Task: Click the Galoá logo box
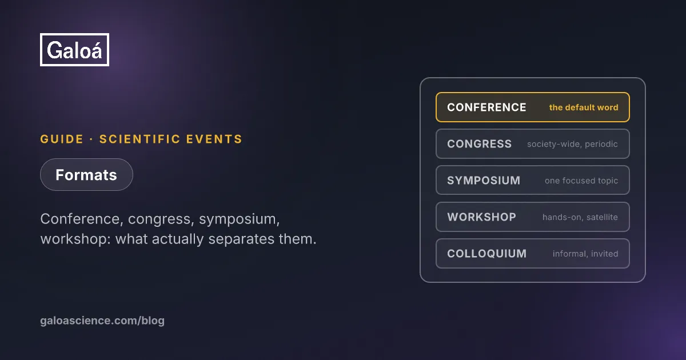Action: (74, 50)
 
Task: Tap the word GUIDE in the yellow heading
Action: (62, 139)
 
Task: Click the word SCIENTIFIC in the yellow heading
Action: (139, 139)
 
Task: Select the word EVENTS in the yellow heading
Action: (214, 139)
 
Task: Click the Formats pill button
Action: (86, 175)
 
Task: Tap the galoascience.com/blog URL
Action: (102, 321)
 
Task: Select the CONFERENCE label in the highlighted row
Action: (486, 107)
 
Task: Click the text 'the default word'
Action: (584, 107)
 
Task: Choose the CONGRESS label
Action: (479, 144)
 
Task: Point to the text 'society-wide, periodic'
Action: (572, 144)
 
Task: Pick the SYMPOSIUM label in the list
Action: (484, 181)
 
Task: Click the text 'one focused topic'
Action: (581, 181)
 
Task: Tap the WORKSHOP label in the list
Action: (482, 217)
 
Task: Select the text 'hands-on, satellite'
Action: (580, 217)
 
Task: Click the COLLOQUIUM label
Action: (487, 254)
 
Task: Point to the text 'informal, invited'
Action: (585, 254)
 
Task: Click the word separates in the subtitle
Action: (241, 239)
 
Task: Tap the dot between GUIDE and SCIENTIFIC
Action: (91, 139)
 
